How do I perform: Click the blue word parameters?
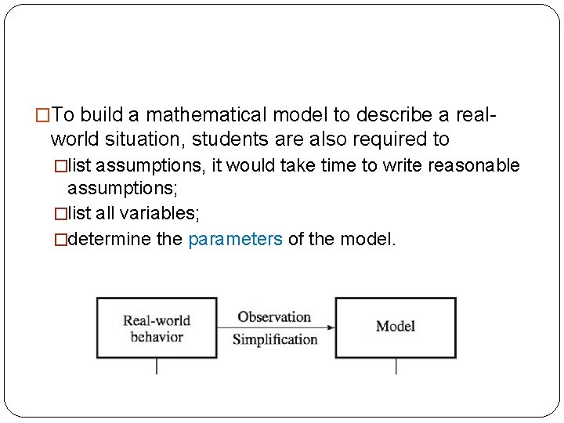point(235,239)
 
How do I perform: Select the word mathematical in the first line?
point(207,115)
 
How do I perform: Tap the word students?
point(234,139)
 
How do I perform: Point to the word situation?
point(147,139)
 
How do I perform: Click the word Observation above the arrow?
point(274,317)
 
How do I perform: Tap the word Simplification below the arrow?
point(275,339)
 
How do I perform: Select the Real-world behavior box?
point(157,327)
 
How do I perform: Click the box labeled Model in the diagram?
point(396,327)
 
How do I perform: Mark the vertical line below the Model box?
point(396,366)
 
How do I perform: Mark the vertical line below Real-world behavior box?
point(157,366)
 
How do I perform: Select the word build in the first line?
point(102,115)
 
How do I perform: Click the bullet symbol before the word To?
point(44,116)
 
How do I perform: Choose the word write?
point(360,165)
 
